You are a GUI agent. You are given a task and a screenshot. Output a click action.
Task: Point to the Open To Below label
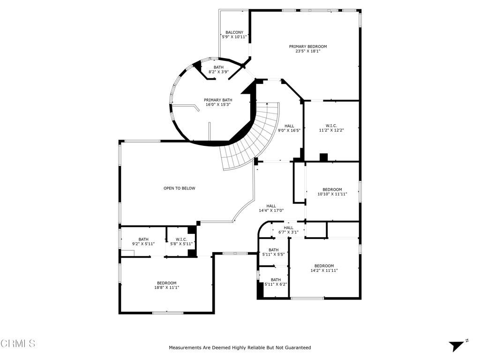click(180, 188)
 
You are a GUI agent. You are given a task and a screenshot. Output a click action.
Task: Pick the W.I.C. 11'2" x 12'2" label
click(331, 128)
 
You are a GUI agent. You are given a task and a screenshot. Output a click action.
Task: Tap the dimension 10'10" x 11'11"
click(332, 194)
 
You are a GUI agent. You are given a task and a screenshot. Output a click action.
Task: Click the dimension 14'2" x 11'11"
click(324, 270)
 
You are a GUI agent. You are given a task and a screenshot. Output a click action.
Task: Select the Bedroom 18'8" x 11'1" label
click(166, 285)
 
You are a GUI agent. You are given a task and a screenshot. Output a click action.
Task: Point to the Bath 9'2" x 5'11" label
click(143, 241)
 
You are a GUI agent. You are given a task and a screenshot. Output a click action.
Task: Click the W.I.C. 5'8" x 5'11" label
click(181, 241)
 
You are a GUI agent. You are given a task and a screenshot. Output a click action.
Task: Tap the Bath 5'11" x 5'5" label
click(273, 252)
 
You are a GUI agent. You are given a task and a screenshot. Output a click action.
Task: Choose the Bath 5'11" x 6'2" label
click(276, 282)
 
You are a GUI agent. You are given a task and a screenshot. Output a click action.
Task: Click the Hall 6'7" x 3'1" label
click(288, 230)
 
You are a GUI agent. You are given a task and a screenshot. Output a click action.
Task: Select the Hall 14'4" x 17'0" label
click(271, 208)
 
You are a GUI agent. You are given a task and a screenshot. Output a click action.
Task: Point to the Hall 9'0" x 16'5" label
click(289, 128)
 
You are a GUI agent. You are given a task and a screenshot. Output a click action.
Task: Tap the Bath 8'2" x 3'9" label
click(218, 69)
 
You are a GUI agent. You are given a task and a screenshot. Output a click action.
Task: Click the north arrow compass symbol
click(458, 345)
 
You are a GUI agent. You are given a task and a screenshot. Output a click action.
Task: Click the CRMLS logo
click(18, 343)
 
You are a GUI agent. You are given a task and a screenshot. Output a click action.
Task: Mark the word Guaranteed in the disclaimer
click(298, 347)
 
